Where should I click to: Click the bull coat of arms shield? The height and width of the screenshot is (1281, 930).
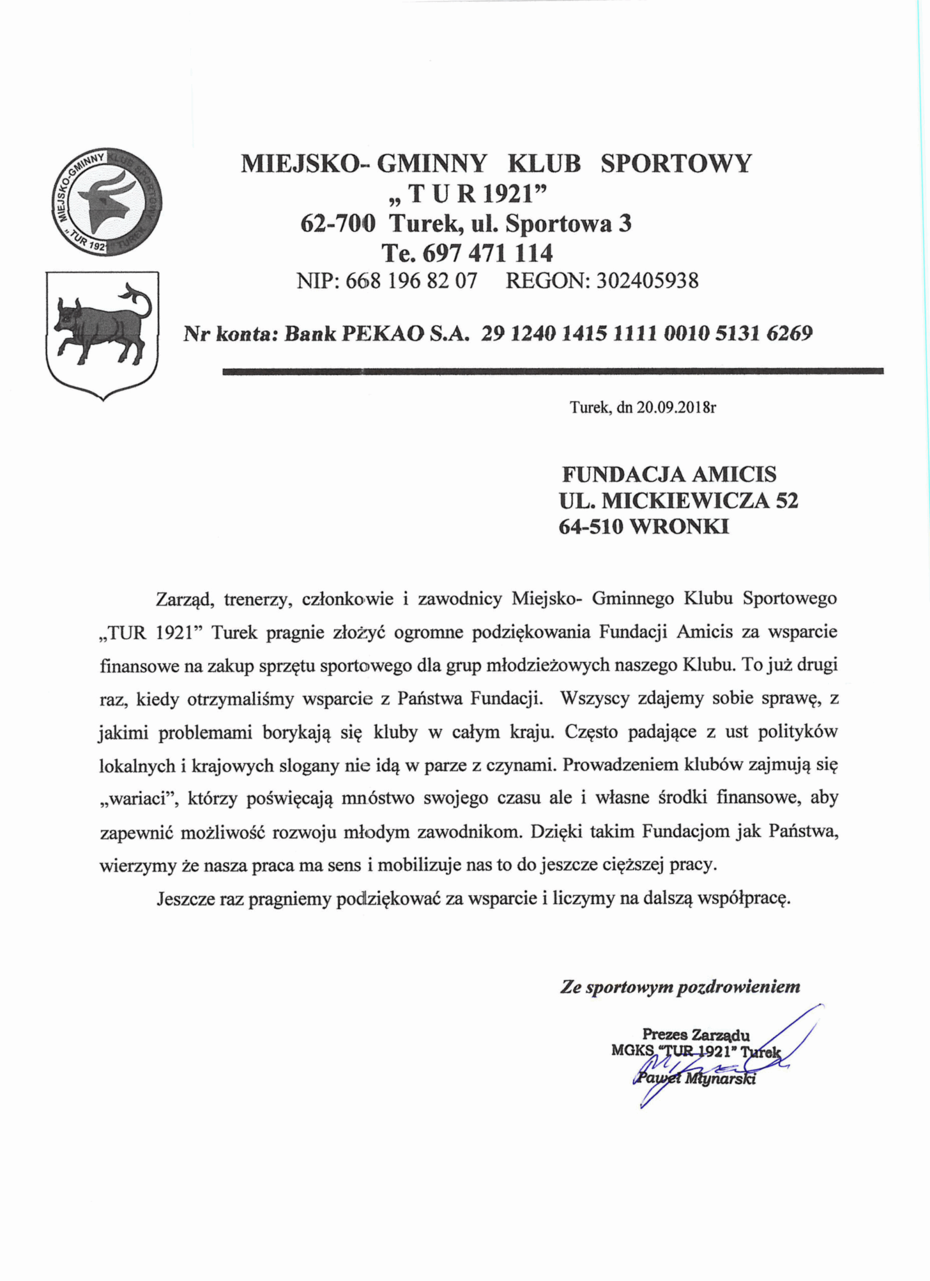(x=102, y=333)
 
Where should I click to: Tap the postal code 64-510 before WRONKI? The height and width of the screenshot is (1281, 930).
(x=591, y=526)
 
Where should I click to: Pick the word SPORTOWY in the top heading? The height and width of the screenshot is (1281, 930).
(x=676, y=164)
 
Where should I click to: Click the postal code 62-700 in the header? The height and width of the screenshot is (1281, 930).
(x=337, y=224)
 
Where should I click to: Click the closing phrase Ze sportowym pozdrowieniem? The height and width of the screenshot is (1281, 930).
(x=680, y=987)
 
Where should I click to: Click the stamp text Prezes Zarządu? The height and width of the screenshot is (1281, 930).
(x=696, y=1035)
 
